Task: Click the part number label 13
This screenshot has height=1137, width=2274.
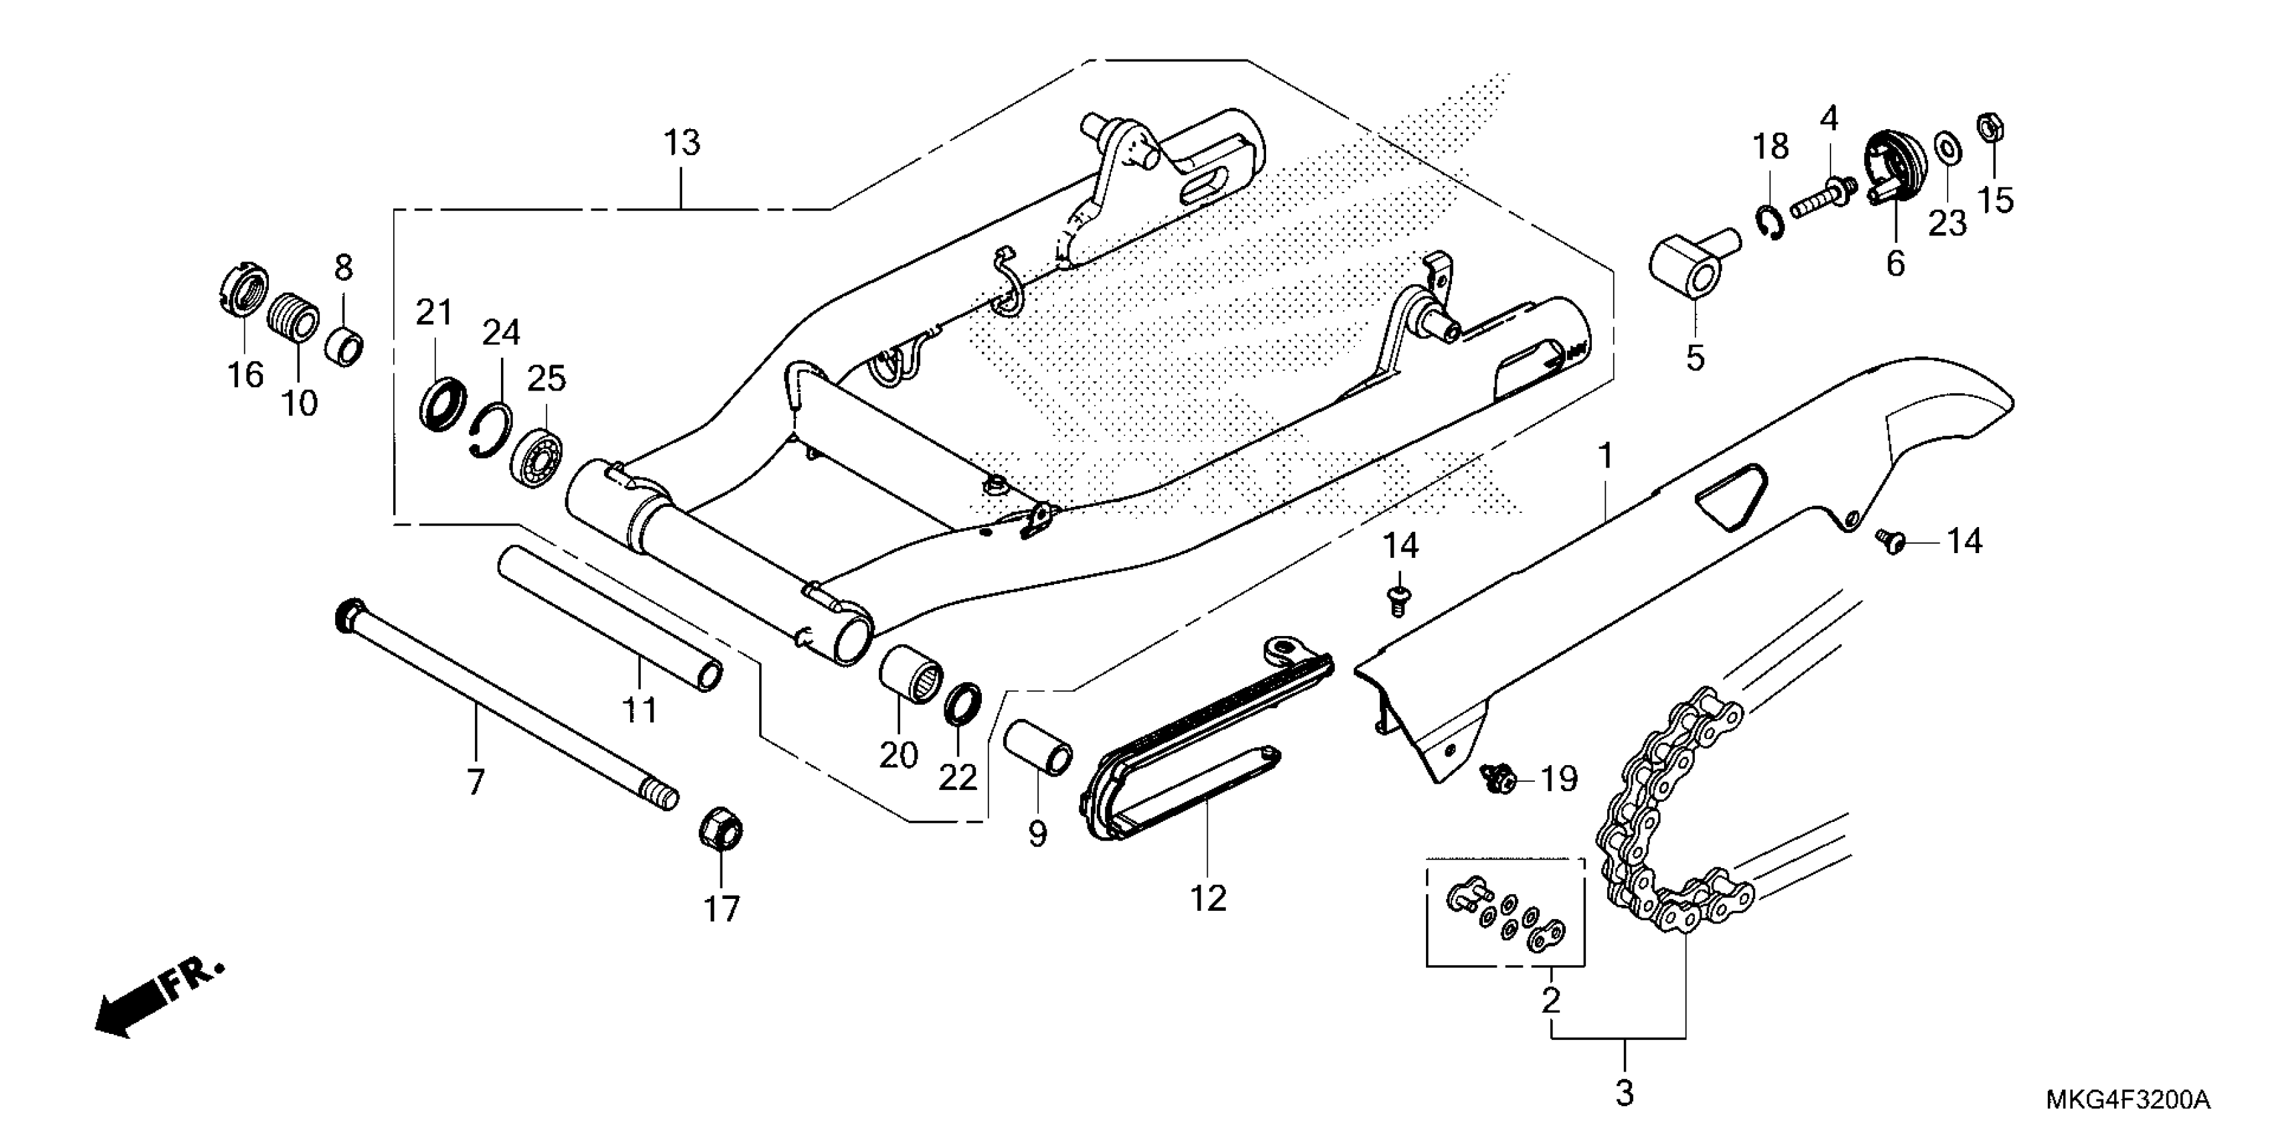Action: point(682,143)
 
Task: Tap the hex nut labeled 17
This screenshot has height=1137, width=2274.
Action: point(720,829)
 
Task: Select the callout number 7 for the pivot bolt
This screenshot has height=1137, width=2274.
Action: point(476,782)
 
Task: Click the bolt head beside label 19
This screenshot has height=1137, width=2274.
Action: point(1496,778)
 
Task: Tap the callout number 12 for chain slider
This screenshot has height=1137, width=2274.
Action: point(1208,899)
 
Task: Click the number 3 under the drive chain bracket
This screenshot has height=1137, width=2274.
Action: point(1625,1094)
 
